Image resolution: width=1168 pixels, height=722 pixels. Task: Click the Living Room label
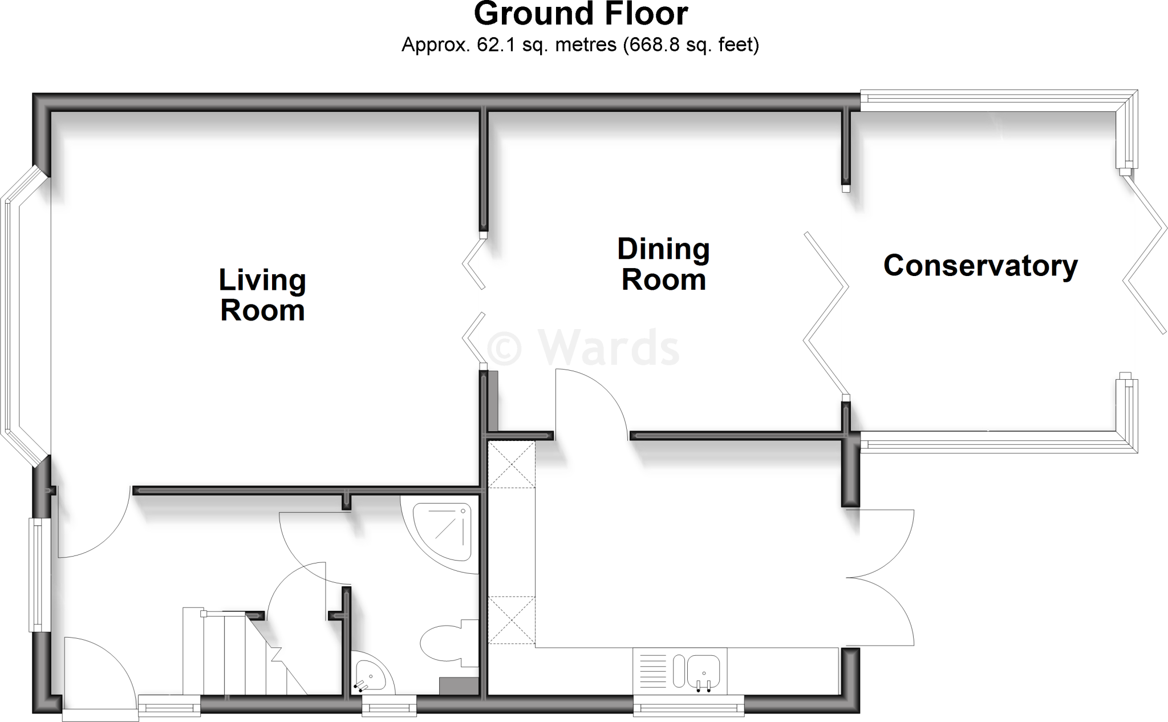tap(262, 295)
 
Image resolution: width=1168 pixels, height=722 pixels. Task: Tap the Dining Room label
tap(663, 265)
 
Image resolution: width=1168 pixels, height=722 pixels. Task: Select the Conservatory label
tap(980, 266)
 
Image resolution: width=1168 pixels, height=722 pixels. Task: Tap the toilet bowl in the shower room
tap(442, 643)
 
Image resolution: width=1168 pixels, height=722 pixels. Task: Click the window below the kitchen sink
tap(688, 708)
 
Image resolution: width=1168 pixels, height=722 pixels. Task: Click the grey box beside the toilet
tap(459, 686)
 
